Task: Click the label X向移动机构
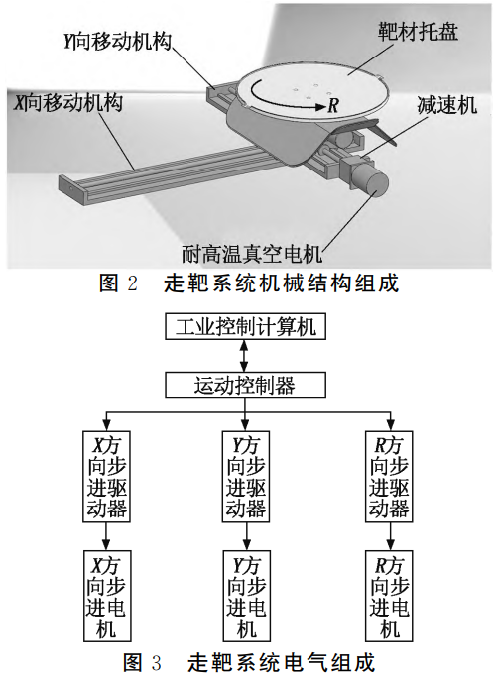point(68,102)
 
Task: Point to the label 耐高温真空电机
point(255,251)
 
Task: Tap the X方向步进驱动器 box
point(107,475)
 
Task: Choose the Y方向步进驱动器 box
point(245,475)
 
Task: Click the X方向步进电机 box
point(107,596)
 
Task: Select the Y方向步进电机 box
point(245,596)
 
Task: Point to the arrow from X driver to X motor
point(107,536)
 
